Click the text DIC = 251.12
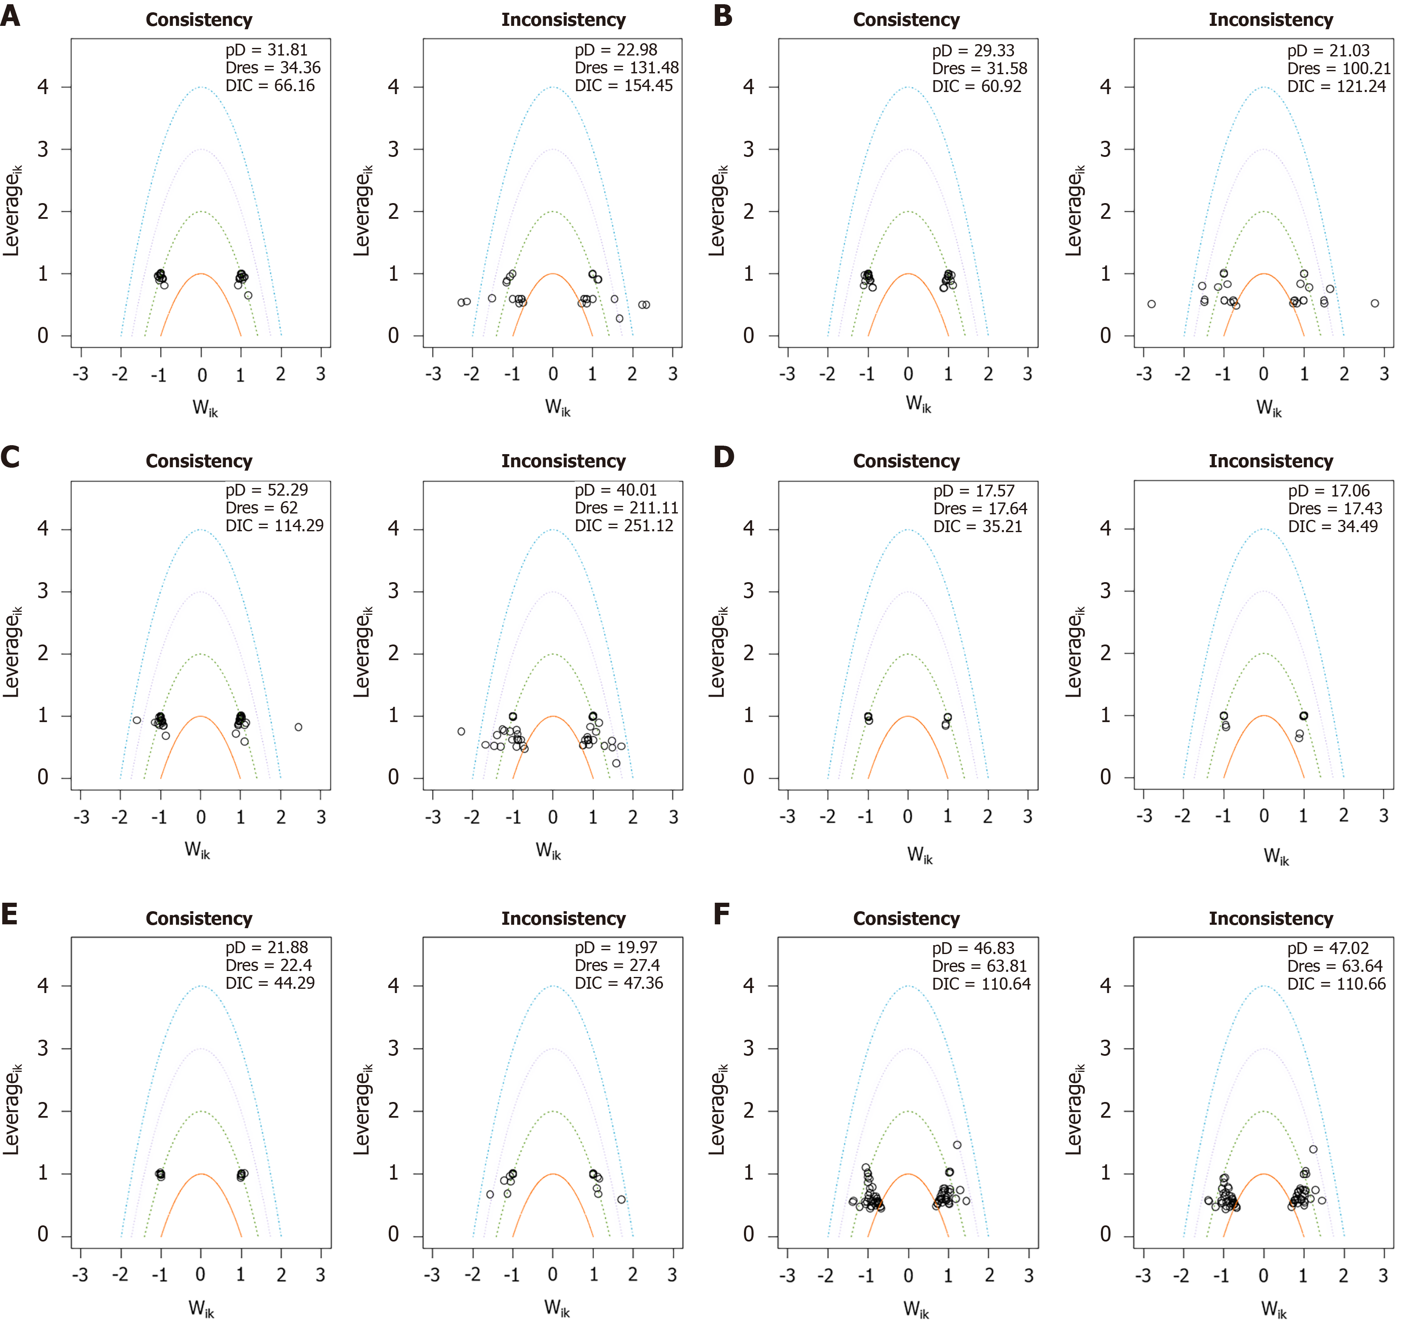624,526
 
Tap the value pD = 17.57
974,491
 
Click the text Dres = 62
262,508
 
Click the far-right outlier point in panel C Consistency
298,727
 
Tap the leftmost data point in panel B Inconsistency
1152,304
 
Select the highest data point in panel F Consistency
957,1145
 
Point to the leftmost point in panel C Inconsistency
461,731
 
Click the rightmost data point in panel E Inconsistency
621,1199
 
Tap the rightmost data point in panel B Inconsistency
1375,304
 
